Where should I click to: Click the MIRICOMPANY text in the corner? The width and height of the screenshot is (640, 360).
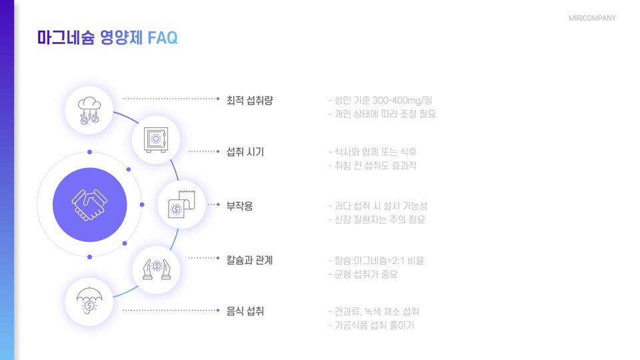[592, 18]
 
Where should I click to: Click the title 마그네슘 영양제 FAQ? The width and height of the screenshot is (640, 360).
[107, 38]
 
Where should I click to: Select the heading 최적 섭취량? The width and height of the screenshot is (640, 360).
[250, 100]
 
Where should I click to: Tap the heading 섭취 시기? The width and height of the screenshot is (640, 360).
[245, 152]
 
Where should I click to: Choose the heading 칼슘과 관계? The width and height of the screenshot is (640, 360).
[250, 259]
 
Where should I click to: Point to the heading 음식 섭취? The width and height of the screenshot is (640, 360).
[245, 311]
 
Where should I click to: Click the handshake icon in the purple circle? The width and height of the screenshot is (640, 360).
[89, 205]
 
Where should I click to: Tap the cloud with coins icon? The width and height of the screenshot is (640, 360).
[89, 111]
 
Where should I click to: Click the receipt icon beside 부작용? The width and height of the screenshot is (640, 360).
[181, 205]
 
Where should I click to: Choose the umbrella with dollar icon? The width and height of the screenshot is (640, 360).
[89, 301]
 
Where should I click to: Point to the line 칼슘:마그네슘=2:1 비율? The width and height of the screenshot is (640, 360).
[376, 260]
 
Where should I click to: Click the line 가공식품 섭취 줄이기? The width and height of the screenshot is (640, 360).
[371, 325]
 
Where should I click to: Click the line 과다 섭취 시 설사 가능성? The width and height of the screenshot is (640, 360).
[378, 206]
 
